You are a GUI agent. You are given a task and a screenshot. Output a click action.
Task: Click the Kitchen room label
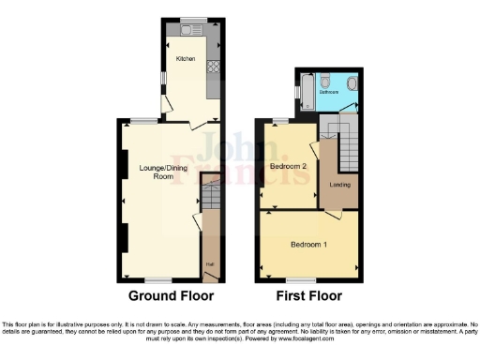(x=185, y=59)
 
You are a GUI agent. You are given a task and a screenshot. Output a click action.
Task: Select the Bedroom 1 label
(x=308, y=245)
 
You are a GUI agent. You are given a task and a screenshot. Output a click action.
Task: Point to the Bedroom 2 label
(x=289, y=166)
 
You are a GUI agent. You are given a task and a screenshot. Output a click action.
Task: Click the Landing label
(x=339, y=185)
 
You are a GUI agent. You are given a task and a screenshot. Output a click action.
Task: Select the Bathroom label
(x=328, y=93)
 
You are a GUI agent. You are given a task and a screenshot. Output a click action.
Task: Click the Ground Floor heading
(x=172, y=295)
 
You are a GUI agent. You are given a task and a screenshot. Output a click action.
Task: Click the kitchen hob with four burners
(x=212, y=66)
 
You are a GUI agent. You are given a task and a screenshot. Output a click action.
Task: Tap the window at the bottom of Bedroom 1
(x=300, y=279)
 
